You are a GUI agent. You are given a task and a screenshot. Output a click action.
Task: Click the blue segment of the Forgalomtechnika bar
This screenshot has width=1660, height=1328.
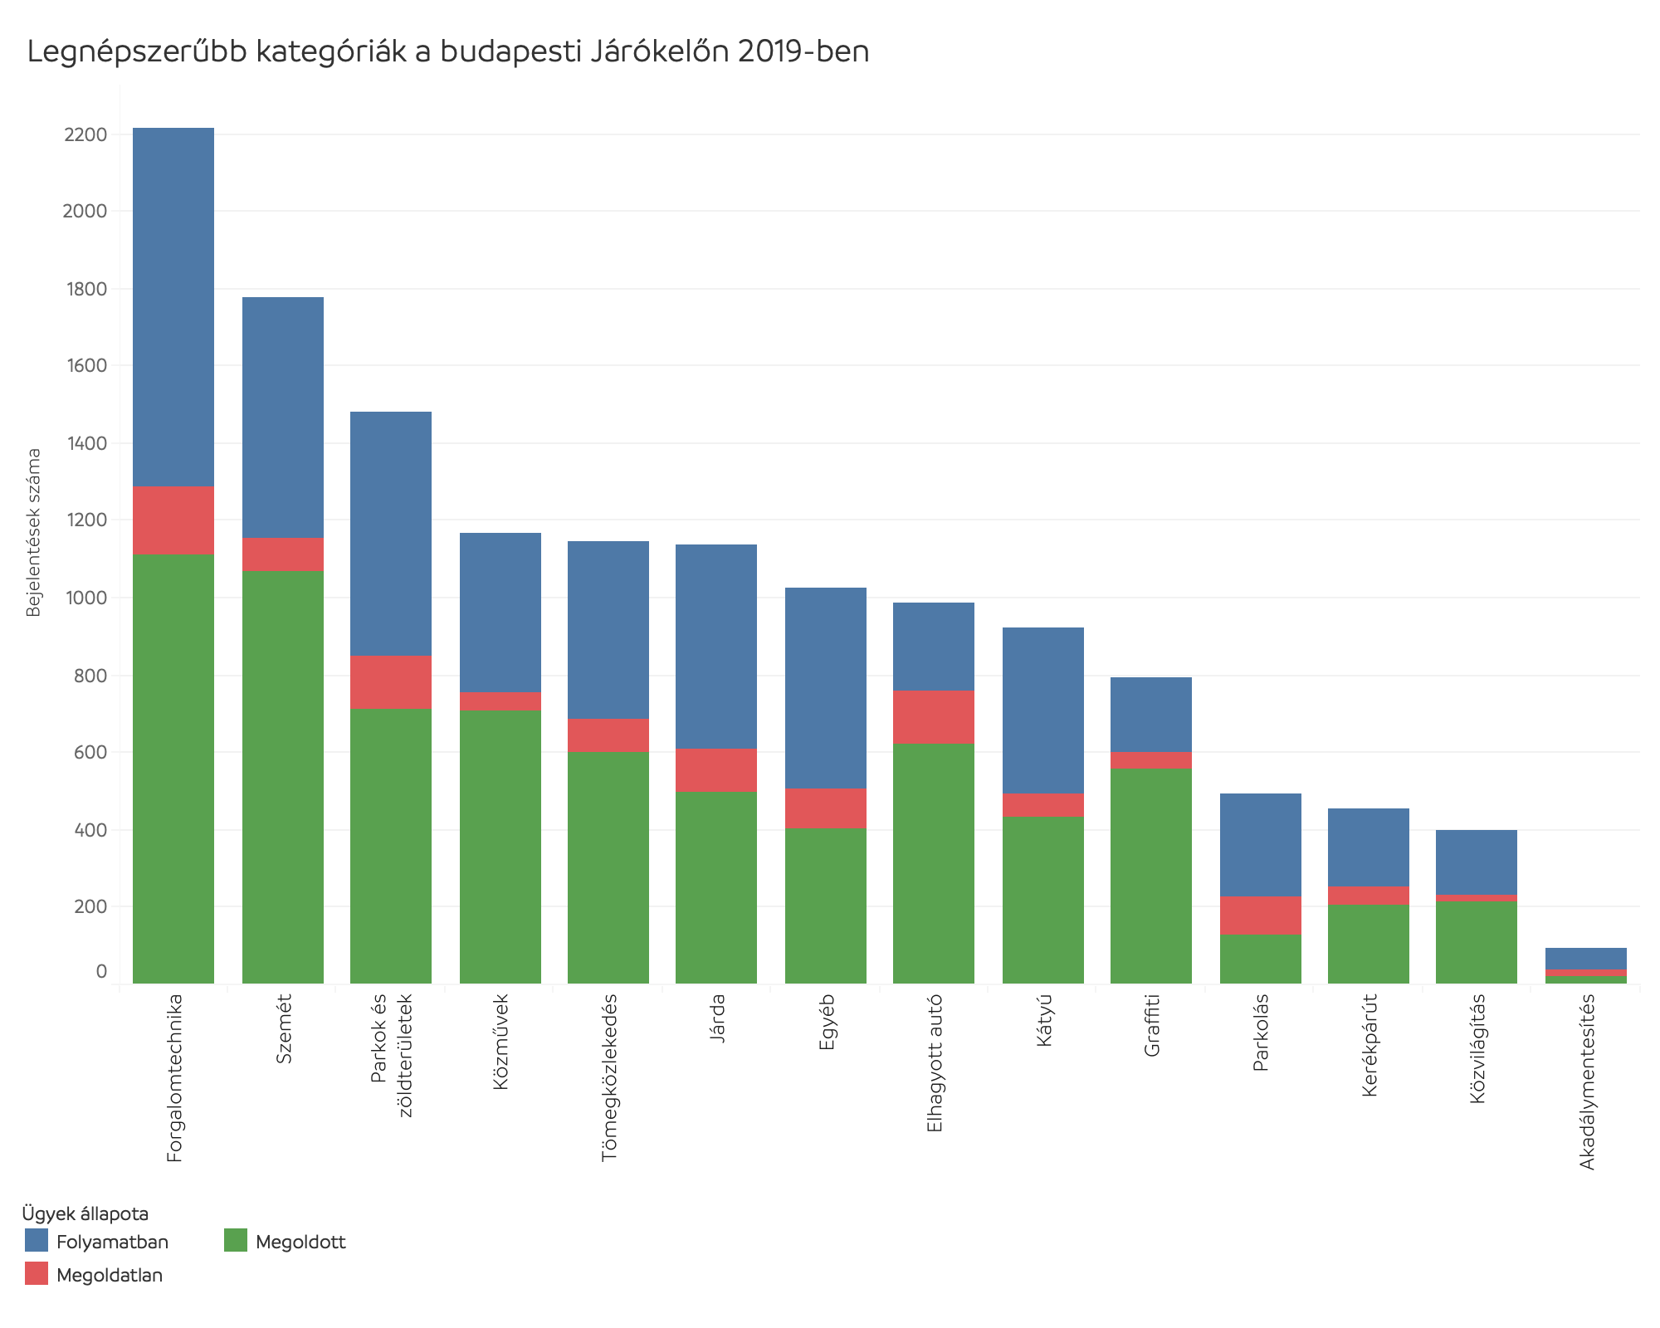173,307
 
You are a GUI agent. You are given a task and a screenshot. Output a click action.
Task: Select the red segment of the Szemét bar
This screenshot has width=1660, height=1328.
283,554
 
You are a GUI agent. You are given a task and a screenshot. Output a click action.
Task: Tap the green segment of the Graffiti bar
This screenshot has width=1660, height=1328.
1151,876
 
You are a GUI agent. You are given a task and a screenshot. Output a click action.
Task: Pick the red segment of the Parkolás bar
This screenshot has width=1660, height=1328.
1261,915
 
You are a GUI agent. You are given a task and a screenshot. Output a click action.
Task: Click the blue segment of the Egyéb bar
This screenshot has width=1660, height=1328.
826,688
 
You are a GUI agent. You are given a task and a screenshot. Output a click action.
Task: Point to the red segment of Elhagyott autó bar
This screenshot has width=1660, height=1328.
934,717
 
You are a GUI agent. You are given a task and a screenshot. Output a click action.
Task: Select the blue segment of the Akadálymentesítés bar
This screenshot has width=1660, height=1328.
1586,959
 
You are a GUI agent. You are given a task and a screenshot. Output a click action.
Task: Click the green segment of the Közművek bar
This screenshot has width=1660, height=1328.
500,847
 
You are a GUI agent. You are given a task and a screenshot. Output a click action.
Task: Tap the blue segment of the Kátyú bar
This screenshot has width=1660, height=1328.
1043,710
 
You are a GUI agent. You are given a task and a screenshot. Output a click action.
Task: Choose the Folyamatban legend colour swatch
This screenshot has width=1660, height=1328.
37,1241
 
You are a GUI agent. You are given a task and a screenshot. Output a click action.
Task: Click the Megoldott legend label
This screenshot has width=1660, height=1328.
300,1243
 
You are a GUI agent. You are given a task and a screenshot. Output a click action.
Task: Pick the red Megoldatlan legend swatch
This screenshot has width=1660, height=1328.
37,1274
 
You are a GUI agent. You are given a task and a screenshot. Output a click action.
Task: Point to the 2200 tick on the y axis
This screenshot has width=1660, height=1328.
85,134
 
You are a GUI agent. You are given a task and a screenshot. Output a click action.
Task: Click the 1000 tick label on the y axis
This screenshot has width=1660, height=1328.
85,598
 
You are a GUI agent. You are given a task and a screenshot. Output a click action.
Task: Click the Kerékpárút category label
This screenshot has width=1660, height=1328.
1369,1045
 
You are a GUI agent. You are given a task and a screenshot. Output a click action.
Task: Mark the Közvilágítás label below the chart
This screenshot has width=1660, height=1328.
1477,1049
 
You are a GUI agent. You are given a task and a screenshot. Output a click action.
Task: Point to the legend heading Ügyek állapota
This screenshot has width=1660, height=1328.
85,1213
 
